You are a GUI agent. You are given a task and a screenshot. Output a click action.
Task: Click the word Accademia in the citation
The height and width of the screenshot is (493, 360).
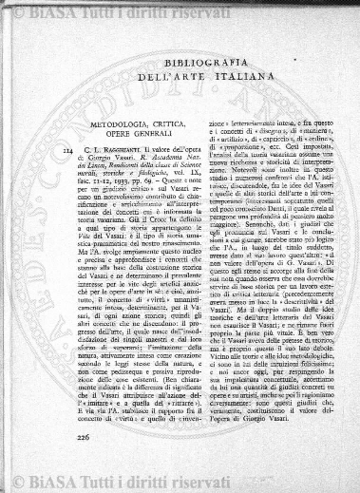[148, 162]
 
